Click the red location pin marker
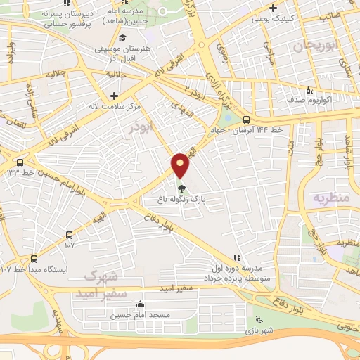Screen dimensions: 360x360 pyautogui.click(x=181, y=165)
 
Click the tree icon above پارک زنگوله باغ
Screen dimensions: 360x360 pyautogui.click(x=181, y=188)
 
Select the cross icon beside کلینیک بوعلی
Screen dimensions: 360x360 pyautogui.click(x=272, y=8)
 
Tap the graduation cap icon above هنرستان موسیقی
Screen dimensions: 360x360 pyautogui.click(x=124, y=38)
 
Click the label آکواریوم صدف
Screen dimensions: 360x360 pyautogui.click(x=309, y=100)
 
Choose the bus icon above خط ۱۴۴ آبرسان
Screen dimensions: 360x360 pyautogui.click(x=246, y=119)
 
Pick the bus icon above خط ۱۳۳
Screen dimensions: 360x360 pyautogui.click(x=20, y=161)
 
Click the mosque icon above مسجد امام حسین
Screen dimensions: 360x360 pyautogui.click(x=140, y=304)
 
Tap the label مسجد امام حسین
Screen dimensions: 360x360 pyautogui.click(x=140, y=315)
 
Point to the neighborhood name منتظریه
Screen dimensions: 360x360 pyautogui.click(x=331, y=198)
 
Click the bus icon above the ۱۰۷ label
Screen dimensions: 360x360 pyautogui.click(x=69, y=236)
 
